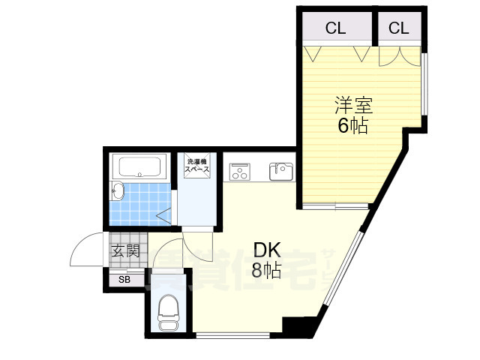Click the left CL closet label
(x=335, y=28)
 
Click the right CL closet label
(x=398, y=28)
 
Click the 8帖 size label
(x=266, y=271)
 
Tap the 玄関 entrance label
(x=125, y=250)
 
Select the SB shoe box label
(x=124, y=280)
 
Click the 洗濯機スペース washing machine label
(x=197, y=166)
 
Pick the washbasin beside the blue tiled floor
(x=116, y=193)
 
